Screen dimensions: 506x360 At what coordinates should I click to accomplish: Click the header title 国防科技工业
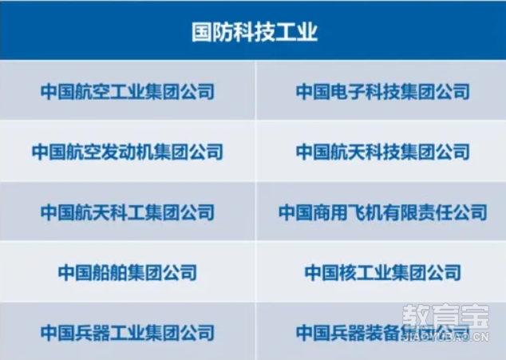coord(255,32)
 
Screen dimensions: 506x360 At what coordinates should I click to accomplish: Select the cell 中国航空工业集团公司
coord(128,91)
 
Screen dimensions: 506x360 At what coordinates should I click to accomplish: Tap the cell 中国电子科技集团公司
coord(383,91)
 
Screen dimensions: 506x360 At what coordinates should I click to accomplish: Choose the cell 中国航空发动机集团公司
coord(128,152)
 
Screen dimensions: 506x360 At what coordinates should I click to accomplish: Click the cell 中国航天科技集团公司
coord(383,152)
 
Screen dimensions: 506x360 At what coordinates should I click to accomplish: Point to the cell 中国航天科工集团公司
coord(128,212)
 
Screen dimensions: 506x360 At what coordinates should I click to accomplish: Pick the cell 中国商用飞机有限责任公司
coord(383,212)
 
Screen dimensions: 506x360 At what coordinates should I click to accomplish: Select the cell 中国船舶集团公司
coord(128,272)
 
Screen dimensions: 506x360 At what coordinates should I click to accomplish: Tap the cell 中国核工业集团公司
coord(383,272)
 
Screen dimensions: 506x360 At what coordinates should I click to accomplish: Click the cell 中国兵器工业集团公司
coord(128,333)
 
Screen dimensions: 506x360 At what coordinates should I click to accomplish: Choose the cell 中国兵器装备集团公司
coord(383,333)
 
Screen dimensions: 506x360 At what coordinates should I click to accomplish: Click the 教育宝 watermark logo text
coord(445,316)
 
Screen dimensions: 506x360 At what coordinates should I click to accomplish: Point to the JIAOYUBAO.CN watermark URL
coord(445,338)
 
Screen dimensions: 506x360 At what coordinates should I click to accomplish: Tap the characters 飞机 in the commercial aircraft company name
coord(366,212)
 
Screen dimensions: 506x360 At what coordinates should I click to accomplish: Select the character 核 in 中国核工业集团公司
coord(348,272)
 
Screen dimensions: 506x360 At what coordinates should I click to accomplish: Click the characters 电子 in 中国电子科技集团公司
coord(348,91)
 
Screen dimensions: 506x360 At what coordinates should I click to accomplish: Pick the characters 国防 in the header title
coord(212,32)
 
